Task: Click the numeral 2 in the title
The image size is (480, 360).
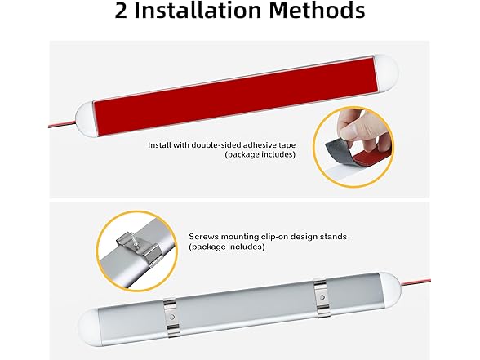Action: coord(122,12)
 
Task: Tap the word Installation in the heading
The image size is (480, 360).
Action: coord(203,12)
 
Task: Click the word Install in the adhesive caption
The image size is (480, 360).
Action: coord(160,145)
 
